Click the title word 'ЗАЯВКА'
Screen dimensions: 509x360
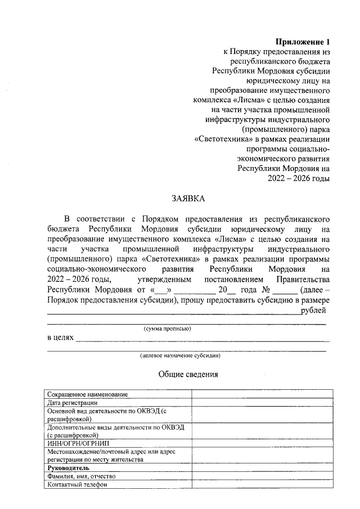pyautogui.click(x=188, y=198)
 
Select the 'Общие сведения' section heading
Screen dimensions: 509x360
pyautogui.click(x=188, y=374)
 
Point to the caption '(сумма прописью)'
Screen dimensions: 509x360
pyautogui.click(x=168, y=328)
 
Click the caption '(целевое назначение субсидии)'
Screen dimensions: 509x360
pyautogui.click(x=180, y=355)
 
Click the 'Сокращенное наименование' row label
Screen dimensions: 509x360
pyautogui.click(x=88, y=394)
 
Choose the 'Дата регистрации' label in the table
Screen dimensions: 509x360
pyautogui.click(x=73, y=403)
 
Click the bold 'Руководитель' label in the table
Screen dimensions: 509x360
pyautogui.click(x=69, y=468)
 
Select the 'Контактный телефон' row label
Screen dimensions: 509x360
pyautogui.click(x=77, y=484)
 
